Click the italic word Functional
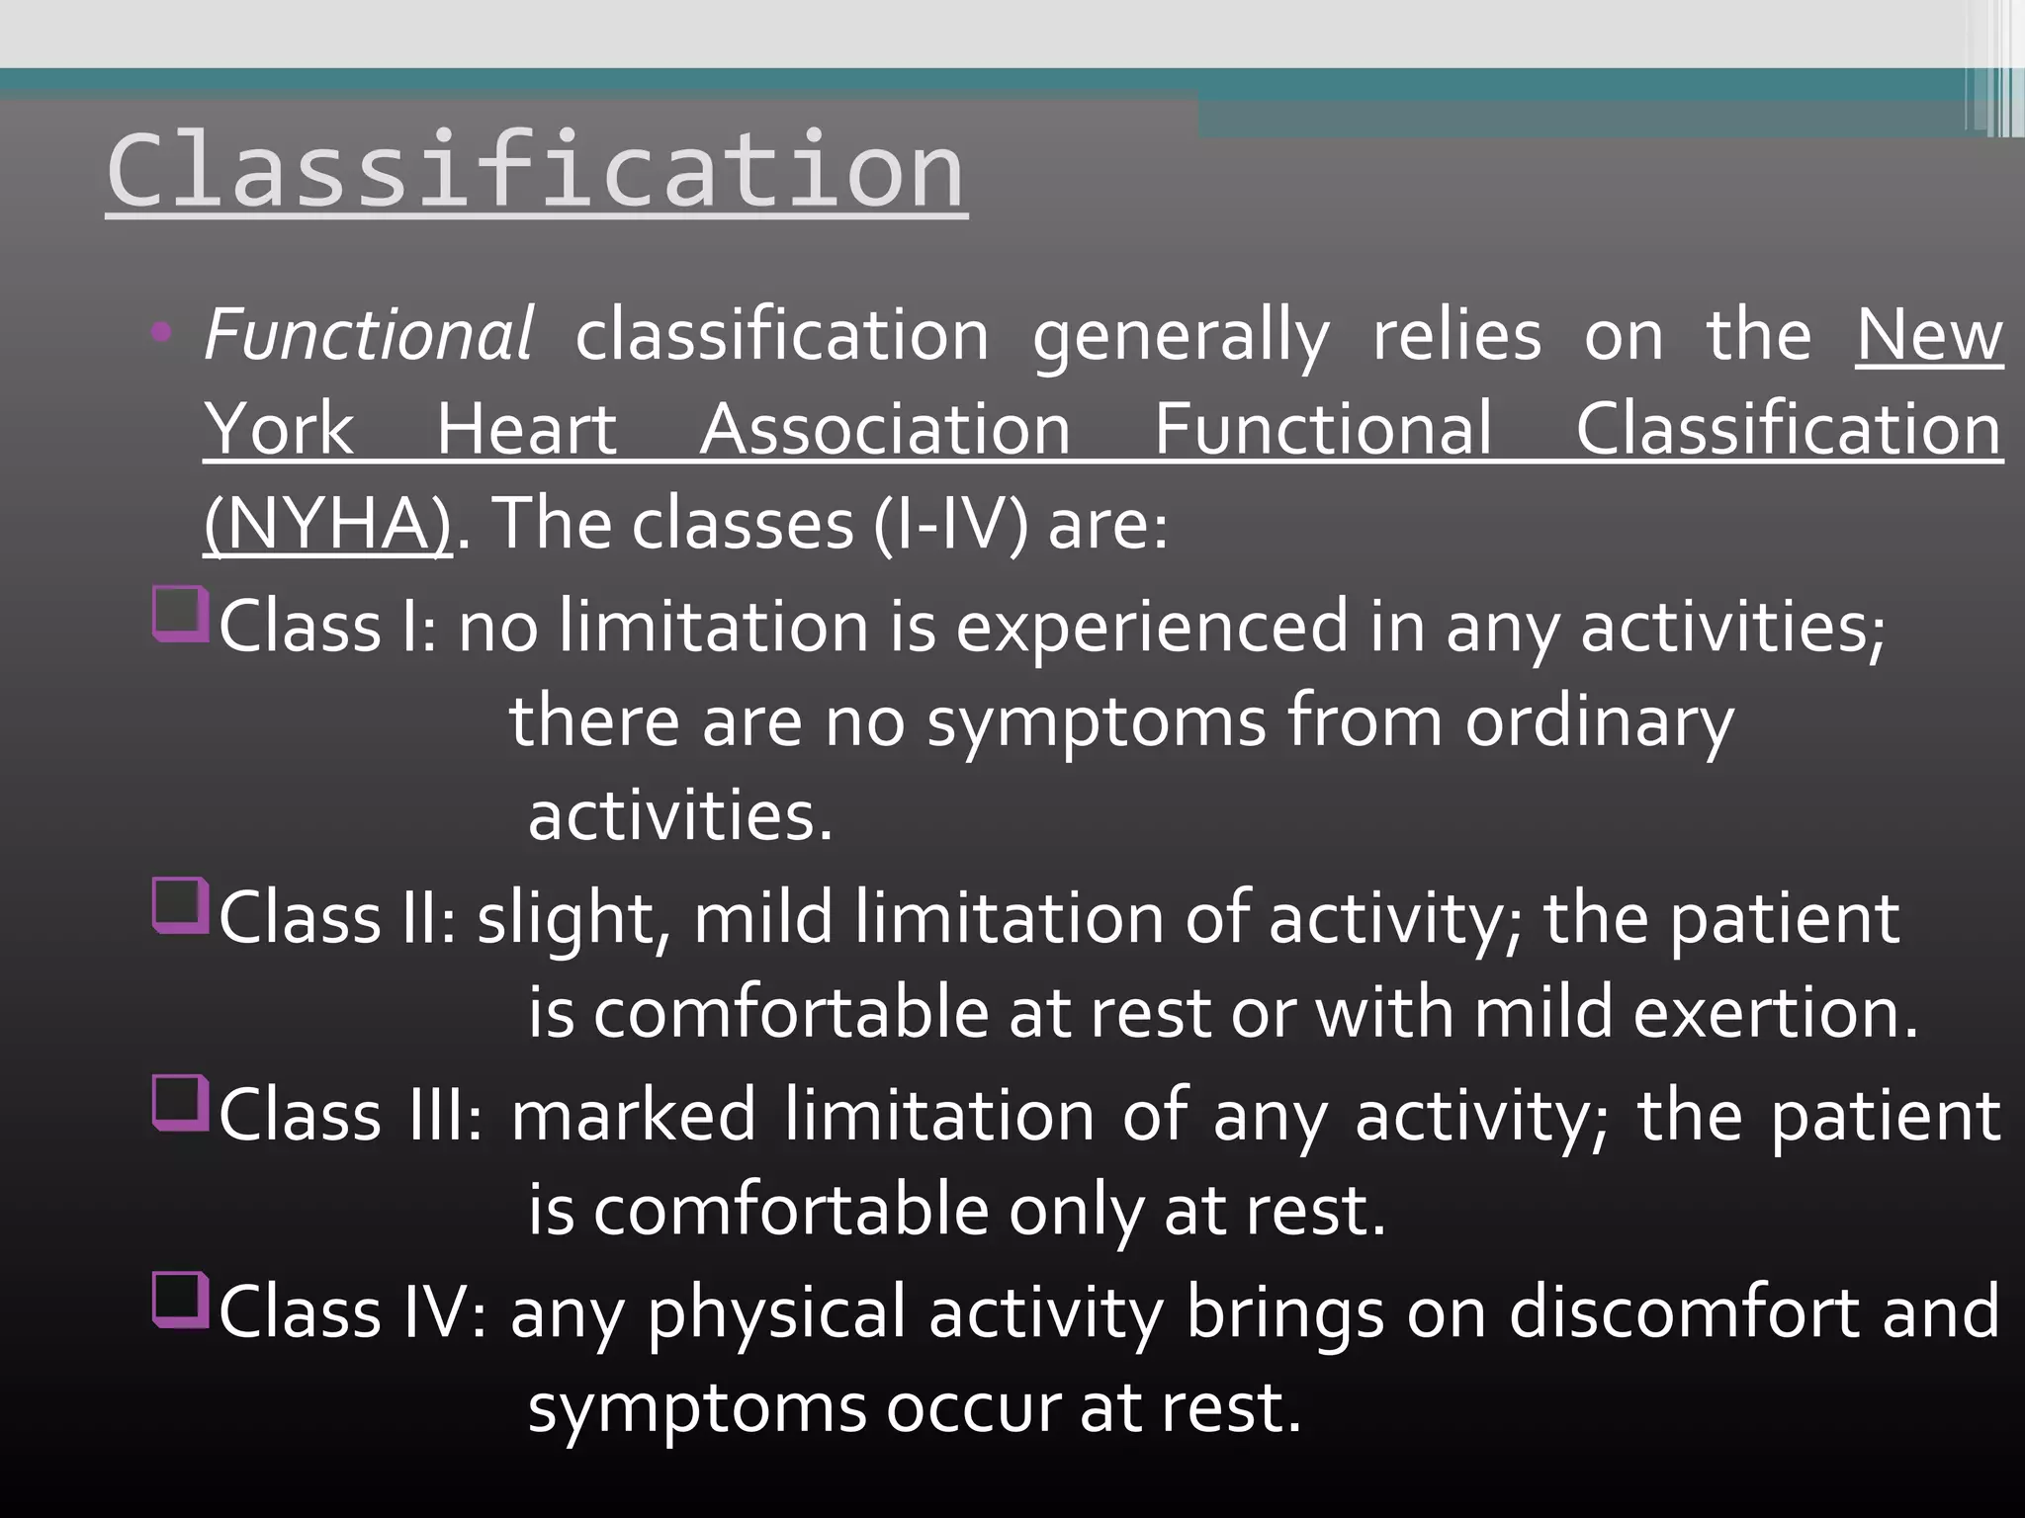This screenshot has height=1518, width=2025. pyautogui.click(x=368, y=334)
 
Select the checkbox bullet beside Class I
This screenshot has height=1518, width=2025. pyautogui.click(x=180, y=614)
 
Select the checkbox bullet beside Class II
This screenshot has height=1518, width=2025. pyautogui.click(x=180, y=905)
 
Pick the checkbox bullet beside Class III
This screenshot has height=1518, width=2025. pyautogui.click(x=180, y=1102)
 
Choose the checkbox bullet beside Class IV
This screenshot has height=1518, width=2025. pyautogui.click(x=180, y=1299)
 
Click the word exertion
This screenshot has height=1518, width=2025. pyautogui.click(x=1775, y=1013)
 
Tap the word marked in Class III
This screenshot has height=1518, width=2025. pyautogui.click(x=633, y=1115)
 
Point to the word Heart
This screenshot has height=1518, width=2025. pyautogui.click(x=527, y=429)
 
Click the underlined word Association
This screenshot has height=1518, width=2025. pyautogui.click(x=885, y=429)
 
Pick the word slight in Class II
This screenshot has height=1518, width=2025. pyautogui.click(x=567, y=919)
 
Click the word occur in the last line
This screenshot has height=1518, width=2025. pyautogui.click(x=971, y=1407)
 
